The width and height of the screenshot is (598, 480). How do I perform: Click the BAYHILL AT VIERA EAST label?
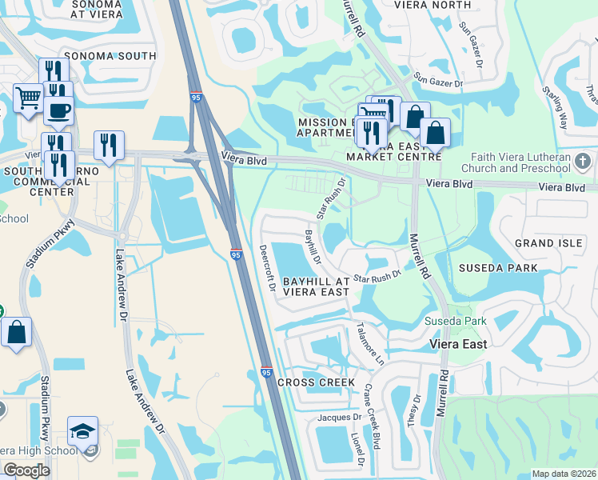click(x=317, y=286)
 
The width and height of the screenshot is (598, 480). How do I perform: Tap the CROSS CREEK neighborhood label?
click(x=316, y=382)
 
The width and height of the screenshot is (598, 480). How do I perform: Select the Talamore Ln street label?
click(x=370, y=344)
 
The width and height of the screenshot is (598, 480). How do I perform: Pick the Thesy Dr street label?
click(x=414, y=409)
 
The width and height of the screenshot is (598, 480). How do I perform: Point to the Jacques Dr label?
click(x=339, y=418)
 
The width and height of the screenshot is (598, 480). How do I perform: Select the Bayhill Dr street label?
click(x=313, y=247)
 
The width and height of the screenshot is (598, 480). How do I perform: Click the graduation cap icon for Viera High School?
click(x=83, y=431)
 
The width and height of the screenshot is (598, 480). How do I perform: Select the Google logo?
click(x=26, y=471)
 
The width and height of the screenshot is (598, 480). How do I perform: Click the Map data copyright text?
click(x=564, y=474)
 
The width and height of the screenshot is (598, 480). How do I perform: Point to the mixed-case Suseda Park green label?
click(x=465, y=322)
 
